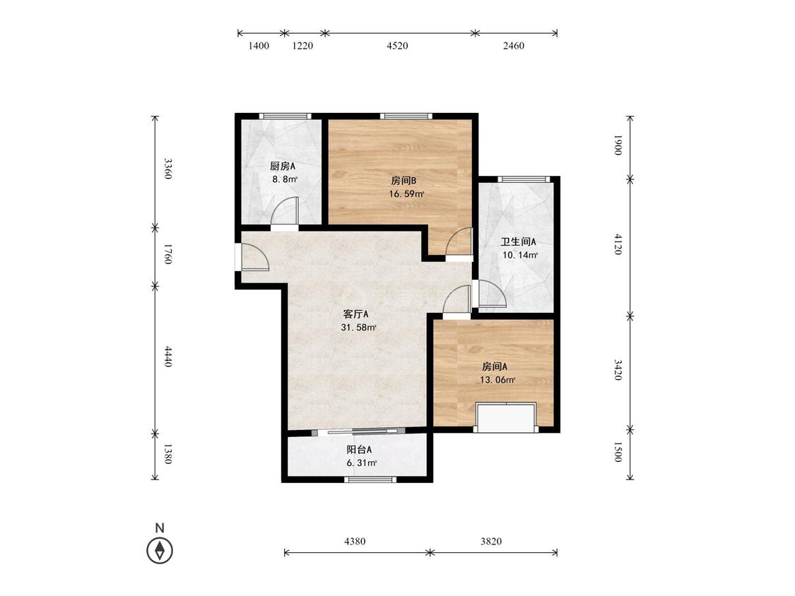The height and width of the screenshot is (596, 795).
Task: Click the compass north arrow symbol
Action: click(160, 550)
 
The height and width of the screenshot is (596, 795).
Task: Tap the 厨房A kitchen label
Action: click(283, 166)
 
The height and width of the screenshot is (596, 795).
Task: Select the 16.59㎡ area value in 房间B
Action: click(406, 193)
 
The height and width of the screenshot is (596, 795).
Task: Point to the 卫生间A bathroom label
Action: click(518, 242)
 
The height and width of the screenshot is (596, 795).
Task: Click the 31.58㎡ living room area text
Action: click(358, 328)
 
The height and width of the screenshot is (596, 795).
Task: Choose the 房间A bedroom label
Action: click(495, 366)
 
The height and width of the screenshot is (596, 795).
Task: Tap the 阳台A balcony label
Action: click(360, 450)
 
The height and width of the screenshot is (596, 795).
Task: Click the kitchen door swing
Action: click(283, 211)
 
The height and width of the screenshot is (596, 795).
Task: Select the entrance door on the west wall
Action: click(254, 258)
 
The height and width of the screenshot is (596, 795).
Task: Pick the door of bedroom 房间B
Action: click(459, 242)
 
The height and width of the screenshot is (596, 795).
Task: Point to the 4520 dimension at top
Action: click(397, 46)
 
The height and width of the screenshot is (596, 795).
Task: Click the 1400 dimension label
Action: click(259, 46)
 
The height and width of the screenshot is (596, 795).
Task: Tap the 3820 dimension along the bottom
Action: click(491, 541)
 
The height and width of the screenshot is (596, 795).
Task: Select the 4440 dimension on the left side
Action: click(167, 357)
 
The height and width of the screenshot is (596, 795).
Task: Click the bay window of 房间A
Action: click(506, 417)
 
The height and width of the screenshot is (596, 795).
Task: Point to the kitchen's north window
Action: click(285, 116)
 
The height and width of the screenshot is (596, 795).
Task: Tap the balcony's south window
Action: click(370, 479)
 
